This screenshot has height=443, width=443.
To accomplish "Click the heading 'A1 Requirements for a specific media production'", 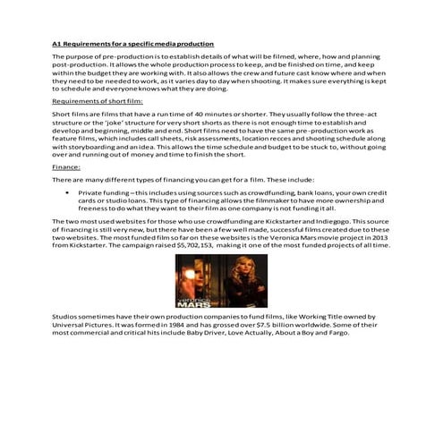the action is [x=132, y=42].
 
